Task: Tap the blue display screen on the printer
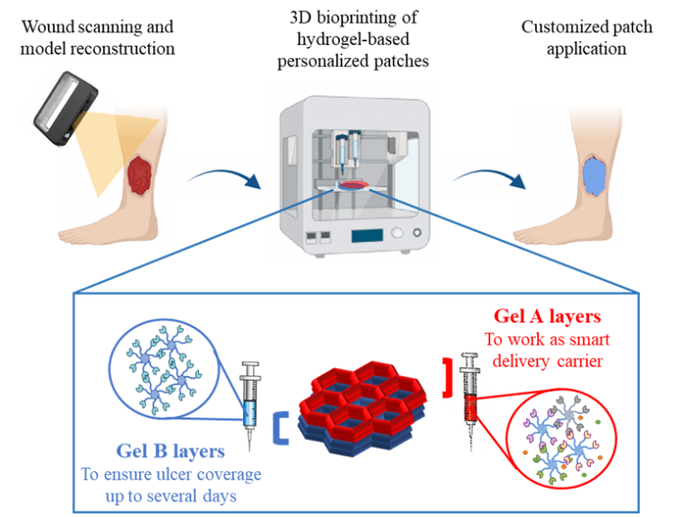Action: tap(367, 237)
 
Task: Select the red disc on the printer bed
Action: tap(352, 185)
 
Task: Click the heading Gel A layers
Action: tap(547, 317)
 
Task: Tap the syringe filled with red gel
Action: tap(469, 394)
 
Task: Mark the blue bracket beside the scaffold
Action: tap(284, 428)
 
